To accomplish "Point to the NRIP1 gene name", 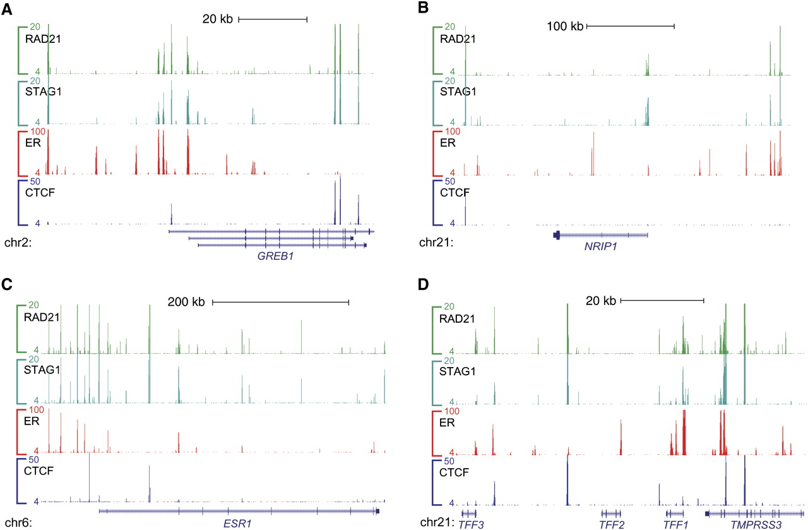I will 600,246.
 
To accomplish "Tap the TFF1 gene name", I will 675,524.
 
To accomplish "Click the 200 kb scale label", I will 186,303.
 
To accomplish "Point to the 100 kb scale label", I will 566,27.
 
